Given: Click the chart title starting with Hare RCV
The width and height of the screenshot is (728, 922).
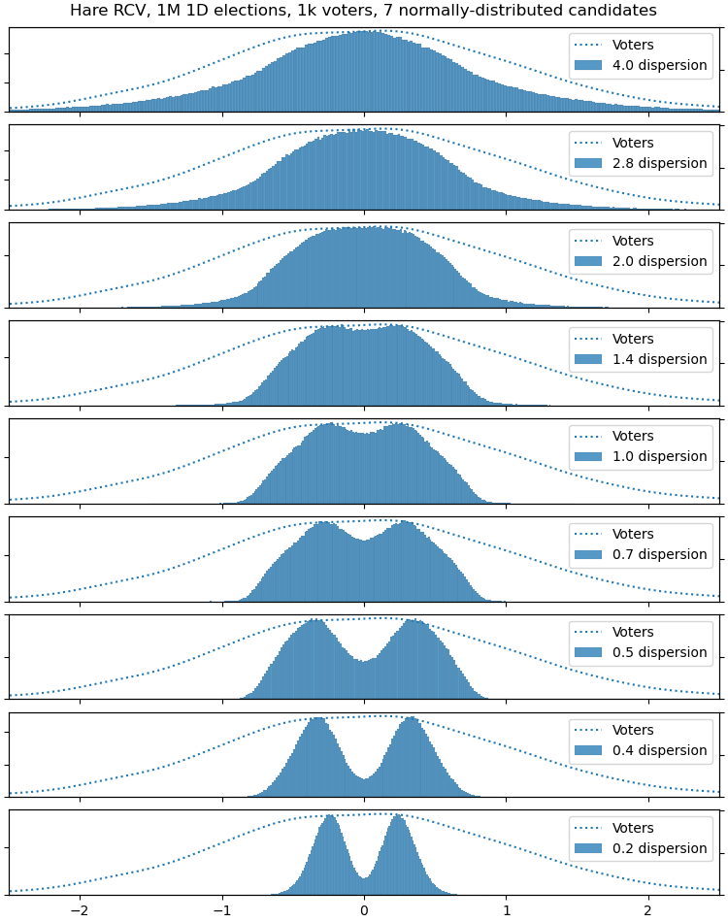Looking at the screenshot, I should (x=363, y=11).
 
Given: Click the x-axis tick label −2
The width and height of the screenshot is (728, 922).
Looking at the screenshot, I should (x=80, y=910).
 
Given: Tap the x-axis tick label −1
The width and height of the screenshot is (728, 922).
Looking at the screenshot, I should (x=221, y=910).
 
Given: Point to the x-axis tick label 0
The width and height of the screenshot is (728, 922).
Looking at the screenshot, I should (x=364, y=910).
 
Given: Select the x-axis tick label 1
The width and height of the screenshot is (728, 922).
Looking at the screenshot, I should (x=506, y=910).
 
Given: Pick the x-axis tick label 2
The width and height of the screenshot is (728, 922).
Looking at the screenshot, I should (x=647, y=910).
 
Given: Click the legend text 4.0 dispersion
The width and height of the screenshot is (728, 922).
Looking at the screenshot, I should (x=659, y=66).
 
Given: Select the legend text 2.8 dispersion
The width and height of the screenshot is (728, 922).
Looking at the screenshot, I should (x=659, y=163).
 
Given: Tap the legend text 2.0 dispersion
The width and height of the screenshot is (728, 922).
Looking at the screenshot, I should (x=659, y=261).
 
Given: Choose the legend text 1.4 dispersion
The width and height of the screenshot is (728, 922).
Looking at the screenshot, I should (x=659, y=359).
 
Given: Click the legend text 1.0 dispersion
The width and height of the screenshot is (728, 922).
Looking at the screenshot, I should (x=659, y=456).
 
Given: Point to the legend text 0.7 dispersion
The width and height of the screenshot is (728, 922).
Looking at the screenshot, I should (x=659, y=554).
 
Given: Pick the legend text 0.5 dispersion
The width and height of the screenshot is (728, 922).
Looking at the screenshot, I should (x=659, y=652).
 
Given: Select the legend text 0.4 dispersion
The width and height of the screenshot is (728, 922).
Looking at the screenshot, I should (x=659, y=750).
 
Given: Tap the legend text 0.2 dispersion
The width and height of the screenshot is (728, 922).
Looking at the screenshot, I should (x=659, y=848).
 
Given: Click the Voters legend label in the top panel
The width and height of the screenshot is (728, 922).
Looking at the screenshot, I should (x=633, y=45).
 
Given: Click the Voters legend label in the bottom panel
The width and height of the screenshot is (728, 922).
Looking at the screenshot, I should (x=633, y=828).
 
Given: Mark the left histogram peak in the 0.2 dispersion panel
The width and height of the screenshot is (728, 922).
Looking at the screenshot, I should (x=330, y=818).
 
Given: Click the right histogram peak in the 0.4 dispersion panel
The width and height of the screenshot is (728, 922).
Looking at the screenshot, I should (x=412, y=720).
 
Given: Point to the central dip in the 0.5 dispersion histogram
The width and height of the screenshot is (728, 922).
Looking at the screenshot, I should (x=364, y=663).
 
